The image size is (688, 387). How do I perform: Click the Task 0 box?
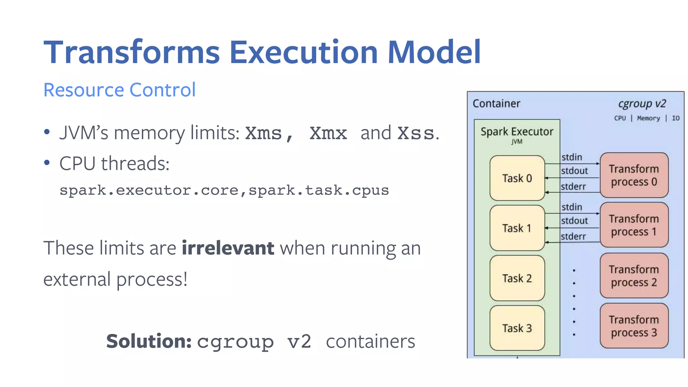[x=517, y=178]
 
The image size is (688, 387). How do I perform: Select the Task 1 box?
[x=517, y=228]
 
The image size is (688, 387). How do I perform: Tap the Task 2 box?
[x=517, y=278]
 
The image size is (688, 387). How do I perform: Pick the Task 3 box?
[x=517, y=328]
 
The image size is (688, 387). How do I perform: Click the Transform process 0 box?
[x=634, y=175]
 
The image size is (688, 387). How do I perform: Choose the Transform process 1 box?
[x=634, y=225]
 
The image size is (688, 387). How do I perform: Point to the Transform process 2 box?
[x=634, y=276]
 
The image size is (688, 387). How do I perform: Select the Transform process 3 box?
[x=634, y=326]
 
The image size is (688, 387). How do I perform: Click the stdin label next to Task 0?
[x=572, y=157]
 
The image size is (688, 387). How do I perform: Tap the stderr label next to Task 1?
[x=573, y=236]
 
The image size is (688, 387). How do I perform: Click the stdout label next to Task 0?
[x=574, y=171]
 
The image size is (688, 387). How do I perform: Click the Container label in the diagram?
[x=496, y=103]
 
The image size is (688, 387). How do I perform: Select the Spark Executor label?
[x=517, y=132]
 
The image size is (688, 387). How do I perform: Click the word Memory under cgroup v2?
[x=648, y=118]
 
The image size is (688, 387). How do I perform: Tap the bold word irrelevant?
[x=228, y=248]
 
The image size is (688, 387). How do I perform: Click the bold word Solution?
[x=149, y=341]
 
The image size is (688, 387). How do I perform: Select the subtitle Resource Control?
[x=120, y=90]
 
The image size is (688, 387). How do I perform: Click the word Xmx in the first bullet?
[x=328, y=133]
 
